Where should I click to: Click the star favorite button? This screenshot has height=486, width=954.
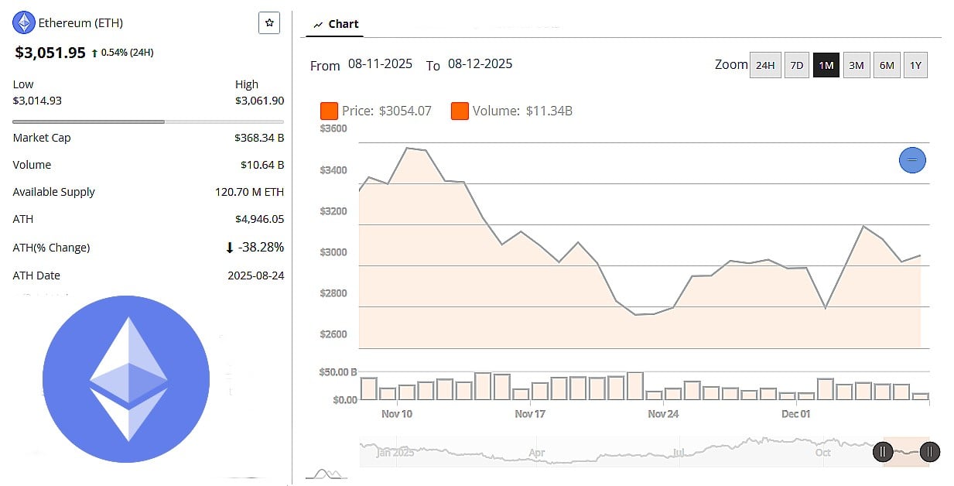[268, 23]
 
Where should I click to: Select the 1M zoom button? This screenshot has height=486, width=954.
[826, 65]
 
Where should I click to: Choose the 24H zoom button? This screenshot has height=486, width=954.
[764, 65]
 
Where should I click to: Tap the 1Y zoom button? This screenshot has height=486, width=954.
[915, 65]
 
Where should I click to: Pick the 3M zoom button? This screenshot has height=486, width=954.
[856, 65]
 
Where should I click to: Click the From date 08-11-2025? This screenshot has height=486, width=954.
[380, 64]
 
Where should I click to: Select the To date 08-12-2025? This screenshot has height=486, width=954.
[480, 64]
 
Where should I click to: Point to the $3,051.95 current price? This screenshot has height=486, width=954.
[50, 53]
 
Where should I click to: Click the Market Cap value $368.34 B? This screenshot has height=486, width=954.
[258, 138]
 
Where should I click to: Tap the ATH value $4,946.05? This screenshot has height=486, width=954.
[259, 219]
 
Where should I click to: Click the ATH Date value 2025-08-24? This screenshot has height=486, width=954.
[255, 276]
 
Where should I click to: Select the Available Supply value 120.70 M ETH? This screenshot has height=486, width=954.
[249, 192]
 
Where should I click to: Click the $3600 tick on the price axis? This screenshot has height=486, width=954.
[333, 128]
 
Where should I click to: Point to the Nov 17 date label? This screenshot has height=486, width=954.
[530, 414]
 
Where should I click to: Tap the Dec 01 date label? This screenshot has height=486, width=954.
[795, 414]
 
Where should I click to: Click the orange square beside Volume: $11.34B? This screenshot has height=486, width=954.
[460, 111]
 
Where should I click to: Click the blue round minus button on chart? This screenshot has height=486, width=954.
[912, 160]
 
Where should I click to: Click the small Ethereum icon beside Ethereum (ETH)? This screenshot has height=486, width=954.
[24, 22]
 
